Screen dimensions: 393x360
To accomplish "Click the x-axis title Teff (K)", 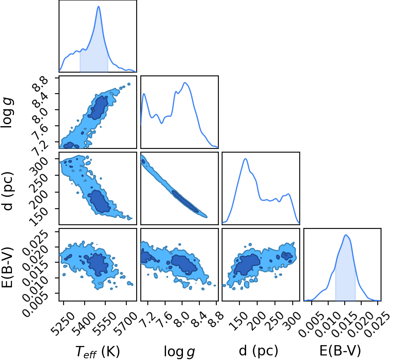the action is (x=97, y=351).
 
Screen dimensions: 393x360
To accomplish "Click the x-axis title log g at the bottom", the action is (x=179, y=351).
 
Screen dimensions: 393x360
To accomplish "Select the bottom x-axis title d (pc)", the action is (x=258, y=351).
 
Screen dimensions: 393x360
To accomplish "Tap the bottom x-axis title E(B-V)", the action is (x=340, y=351).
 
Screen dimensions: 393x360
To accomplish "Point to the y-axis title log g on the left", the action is (x=7, y=113).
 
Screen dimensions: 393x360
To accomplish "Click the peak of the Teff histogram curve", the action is (x=99, y=7).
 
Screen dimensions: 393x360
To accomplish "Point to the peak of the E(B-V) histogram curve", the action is (x=346, y=235).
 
